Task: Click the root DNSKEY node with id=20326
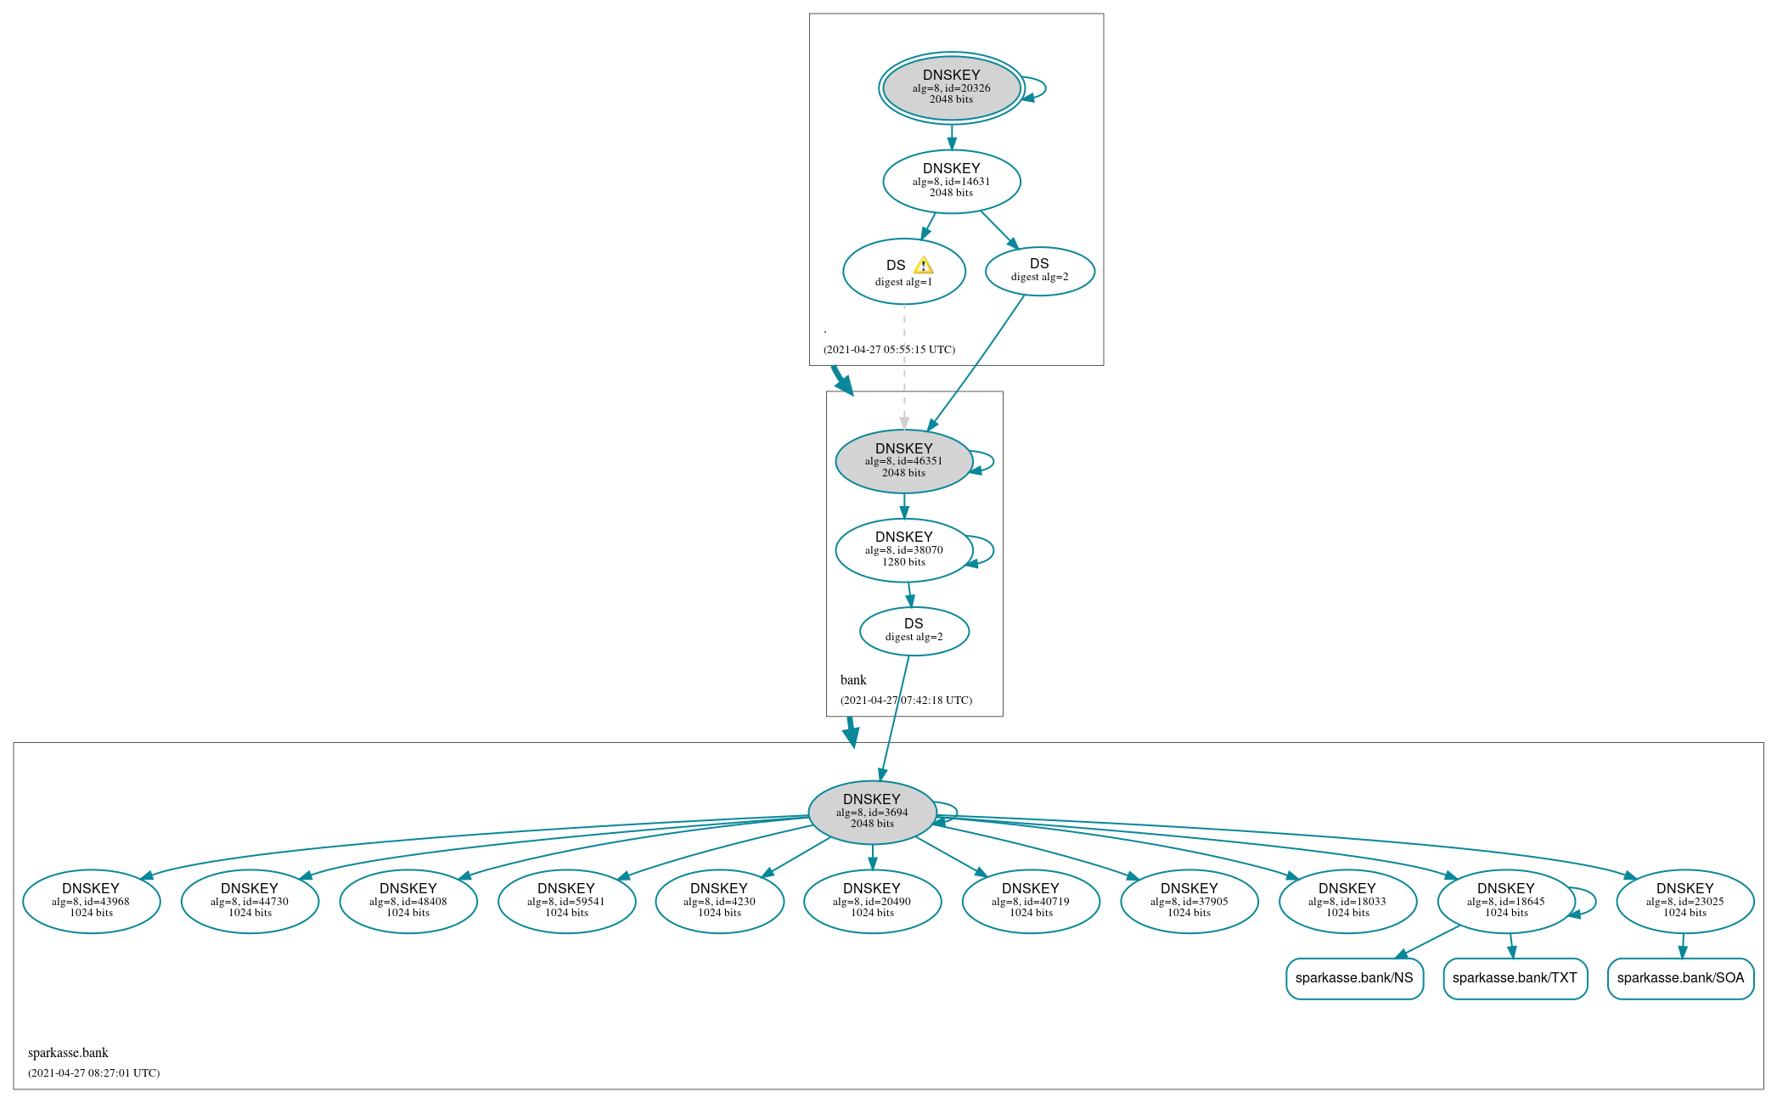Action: (951, 87)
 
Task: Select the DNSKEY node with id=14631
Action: (951, 181)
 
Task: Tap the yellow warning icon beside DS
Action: (924, 266)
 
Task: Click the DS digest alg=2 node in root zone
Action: (1039, 271)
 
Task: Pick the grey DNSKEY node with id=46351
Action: (903, 461)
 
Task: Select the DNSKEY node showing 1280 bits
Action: (903, 549)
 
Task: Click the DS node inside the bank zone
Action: (914, 630)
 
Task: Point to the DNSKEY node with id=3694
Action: (872, 812)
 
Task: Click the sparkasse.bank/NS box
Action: (1353, 978)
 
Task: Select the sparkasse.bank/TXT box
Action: (1515, 978)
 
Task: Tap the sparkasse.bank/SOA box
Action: (1679, 978)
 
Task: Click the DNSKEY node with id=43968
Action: (91, 901)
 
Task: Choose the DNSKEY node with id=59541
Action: (566, 901)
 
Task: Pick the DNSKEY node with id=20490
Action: (872, 901)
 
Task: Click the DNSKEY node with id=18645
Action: (1505, 901)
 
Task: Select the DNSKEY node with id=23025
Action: (1684, 901)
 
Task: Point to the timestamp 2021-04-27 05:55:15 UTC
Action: (889, 350)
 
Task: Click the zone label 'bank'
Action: (853, 680)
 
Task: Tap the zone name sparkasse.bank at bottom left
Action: (68, 1053)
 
